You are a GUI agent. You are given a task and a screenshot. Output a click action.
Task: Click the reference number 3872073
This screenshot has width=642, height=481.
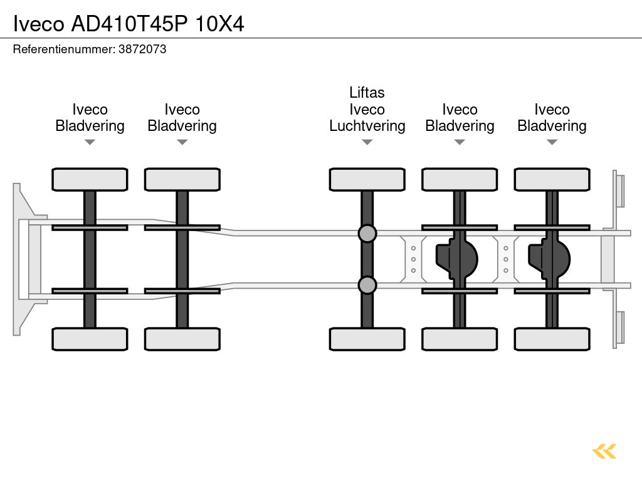coord(142,49)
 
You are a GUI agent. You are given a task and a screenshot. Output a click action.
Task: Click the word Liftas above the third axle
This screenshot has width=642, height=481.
coord(367,93)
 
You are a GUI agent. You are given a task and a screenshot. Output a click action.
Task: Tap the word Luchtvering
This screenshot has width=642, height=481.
coord(367,126)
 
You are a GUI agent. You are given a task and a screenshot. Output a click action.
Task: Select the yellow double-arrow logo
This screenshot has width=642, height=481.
coord(604,451)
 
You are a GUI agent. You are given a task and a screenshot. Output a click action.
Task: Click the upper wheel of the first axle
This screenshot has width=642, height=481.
coord(90,180)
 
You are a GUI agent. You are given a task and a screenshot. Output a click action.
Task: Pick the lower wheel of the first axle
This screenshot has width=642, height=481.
coord(90,339)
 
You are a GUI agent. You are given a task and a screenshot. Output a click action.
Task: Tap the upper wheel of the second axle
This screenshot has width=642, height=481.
coord(182,180)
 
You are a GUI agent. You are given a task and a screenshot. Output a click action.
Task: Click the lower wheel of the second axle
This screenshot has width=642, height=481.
coord(182,339)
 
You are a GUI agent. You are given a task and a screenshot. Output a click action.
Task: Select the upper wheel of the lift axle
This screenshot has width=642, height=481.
coord(367,180)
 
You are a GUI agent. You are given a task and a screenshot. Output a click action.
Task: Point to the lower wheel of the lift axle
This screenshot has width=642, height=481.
coord(367,339)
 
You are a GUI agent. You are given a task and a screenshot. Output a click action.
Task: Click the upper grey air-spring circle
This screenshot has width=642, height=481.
coord(367,234)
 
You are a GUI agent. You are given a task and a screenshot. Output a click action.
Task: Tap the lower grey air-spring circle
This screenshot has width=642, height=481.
coord(367,285)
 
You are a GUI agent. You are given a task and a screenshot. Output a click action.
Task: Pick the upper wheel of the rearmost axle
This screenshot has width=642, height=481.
coord(552,180)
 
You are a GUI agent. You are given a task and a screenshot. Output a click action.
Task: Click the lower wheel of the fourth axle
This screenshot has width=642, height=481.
coord(460,339)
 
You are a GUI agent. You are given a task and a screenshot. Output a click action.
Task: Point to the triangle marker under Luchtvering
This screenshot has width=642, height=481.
coord(367,142)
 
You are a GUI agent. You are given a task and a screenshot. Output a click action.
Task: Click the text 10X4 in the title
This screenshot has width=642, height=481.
coord(219,24)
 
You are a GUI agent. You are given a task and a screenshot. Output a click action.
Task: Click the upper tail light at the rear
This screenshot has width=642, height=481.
coord(619,190)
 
